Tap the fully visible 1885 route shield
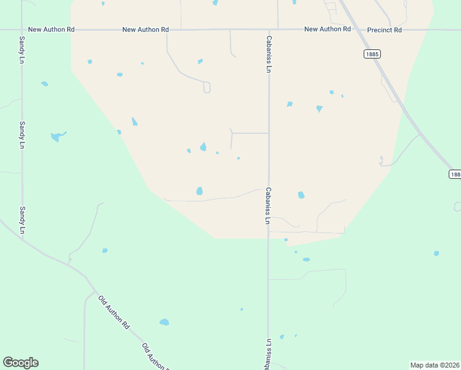[372, 54]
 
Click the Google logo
[20, 363]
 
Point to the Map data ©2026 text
[434, 365]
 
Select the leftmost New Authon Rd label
[51, 30]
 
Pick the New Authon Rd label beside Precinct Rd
[328, 30]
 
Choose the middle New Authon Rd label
[145, 30]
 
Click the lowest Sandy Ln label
[22, 220]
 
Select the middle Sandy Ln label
[22, 134]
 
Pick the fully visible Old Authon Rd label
[114, 312]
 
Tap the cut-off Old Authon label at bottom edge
[156, 358]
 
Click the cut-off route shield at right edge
[455, 175]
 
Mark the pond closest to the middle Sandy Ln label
[57, 136]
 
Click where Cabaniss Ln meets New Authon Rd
[269, 30]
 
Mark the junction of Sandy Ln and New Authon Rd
[22, 30]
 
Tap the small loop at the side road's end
[207, 88]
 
